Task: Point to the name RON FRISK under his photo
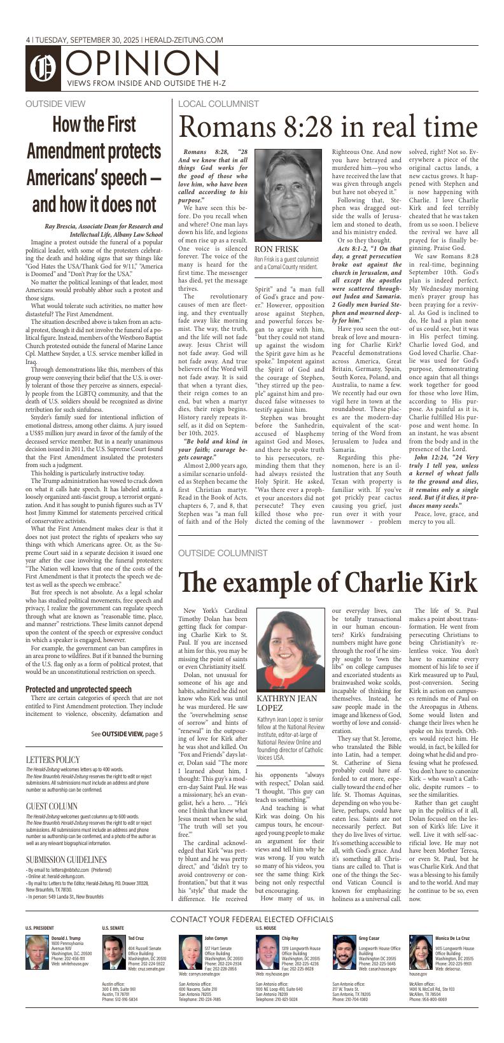[x=276, y=249]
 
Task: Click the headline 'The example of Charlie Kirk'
[x=328, y=583]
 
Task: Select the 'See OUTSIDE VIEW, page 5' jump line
[x=127, y=734]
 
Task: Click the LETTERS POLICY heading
[x=53, y=760]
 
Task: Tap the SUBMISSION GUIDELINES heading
[x=66, y=860]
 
